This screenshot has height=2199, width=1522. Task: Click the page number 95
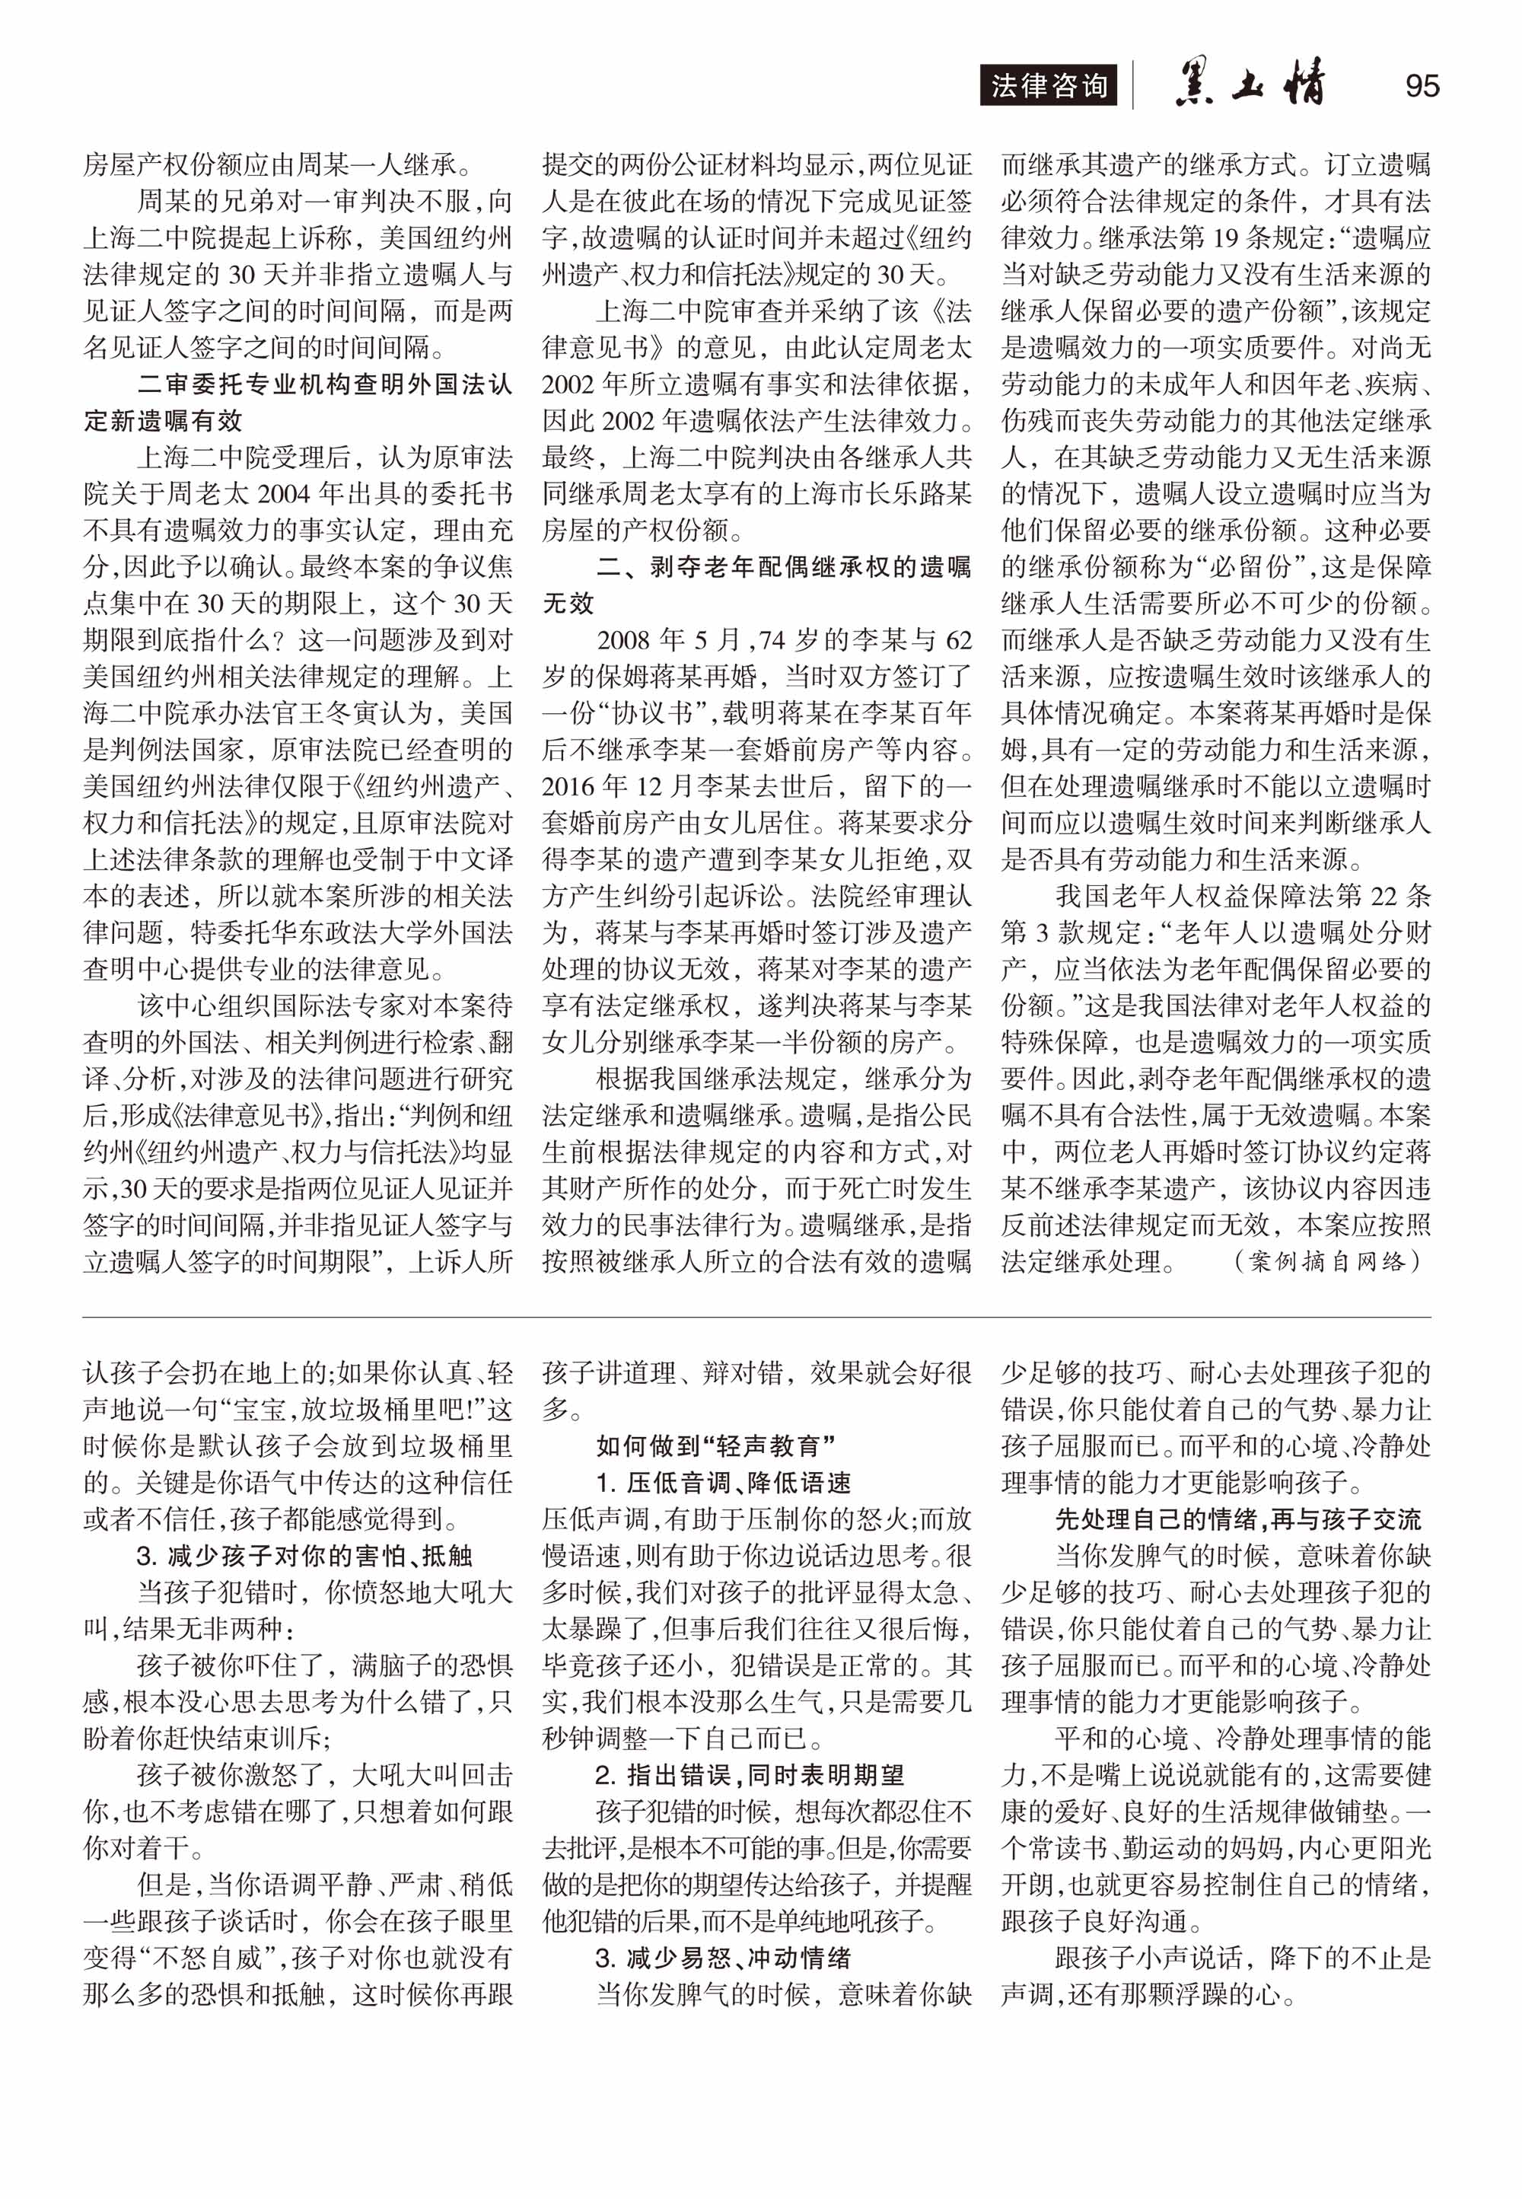[x=1421, y=86]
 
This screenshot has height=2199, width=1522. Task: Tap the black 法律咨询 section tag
[x=1048, y=86]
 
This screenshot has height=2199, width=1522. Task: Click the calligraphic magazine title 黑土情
[x=1250, y=84]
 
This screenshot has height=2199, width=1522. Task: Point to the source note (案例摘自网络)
[x=1327, y=1261]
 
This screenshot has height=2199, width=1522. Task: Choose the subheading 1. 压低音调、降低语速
[x=723, y=1483]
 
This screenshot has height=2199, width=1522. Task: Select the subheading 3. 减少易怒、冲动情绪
[x=723, y=1958]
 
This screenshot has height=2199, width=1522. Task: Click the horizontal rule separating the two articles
[x=756, y=1317]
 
